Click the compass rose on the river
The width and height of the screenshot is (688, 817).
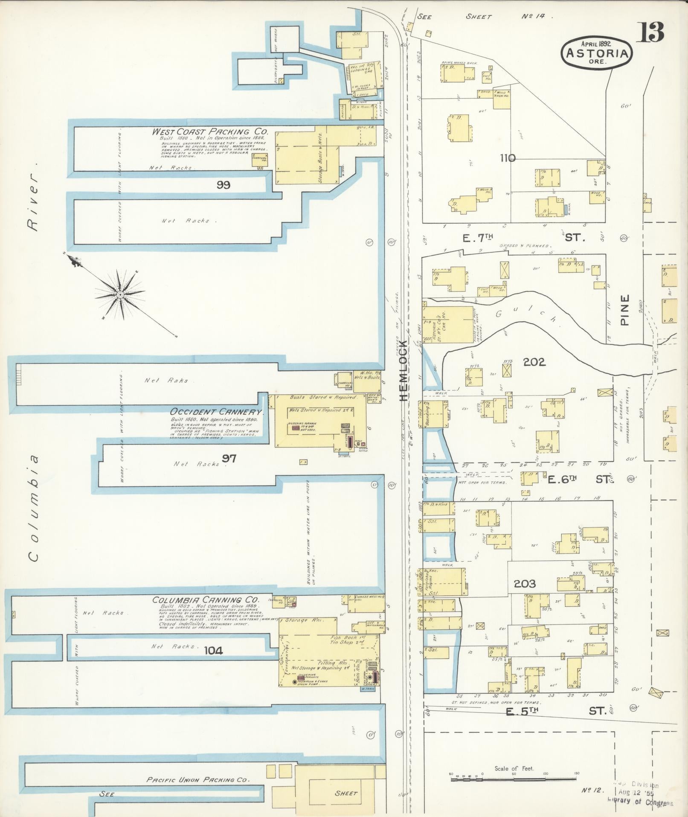pos(120,295)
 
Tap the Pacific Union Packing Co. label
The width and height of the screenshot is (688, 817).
pos(197,779)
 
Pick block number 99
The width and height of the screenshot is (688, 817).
pos(223,184)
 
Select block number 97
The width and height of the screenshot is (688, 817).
pos(229,459)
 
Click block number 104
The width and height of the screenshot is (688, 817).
pos(214,650)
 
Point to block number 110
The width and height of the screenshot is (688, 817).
pos(508,158)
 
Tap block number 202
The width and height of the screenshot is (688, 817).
pos(534,362)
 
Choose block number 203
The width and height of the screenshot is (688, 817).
pos(524,583)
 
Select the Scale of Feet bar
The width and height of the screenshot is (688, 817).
pos(514,779)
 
